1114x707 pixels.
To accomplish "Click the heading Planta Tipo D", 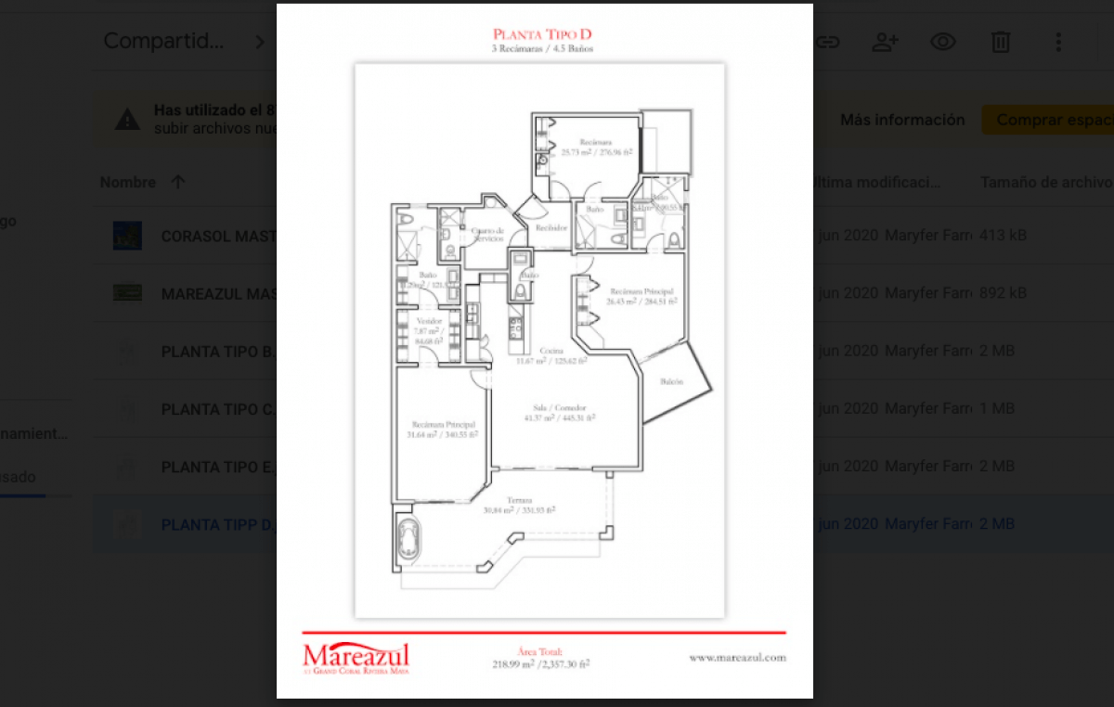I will point(543,35).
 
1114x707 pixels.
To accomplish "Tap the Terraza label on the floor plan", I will point(519,499).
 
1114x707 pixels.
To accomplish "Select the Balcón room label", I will point(673,381).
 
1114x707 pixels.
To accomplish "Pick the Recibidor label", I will point(551,226).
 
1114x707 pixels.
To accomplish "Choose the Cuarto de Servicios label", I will point(487,234).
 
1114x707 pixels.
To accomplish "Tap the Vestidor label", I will point(429,322).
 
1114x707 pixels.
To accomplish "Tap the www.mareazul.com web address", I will point(737,657).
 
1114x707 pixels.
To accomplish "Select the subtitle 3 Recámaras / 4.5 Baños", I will point(543,48).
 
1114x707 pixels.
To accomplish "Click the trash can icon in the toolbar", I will point(1000,42).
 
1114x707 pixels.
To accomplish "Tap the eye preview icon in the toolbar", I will point(943,42).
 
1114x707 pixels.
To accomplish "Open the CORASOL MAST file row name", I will point(219,236).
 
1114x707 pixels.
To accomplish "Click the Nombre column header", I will point(128,182).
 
